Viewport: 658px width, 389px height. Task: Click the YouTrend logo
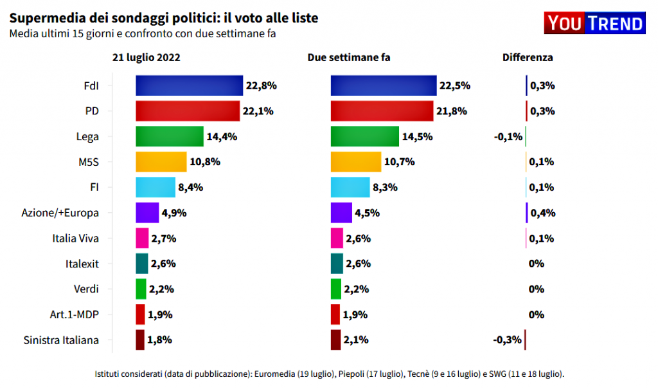[x=594, y=24]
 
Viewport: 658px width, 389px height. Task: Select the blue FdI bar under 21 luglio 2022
[x=189, y=86]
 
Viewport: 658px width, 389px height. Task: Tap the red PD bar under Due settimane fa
[x=382, y=111]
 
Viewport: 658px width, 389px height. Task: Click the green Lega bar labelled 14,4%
[x=170, y=136]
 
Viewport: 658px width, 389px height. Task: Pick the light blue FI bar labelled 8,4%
[x=155, y=187]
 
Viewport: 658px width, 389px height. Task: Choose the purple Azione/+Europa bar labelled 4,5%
[x=341, y=213]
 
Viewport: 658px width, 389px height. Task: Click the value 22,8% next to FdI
[x=261, y=86]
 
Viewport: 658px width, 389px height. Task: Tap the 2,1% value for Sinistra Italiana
[x=357, y=340]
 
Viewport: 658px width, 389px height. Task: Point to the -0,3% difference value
[x=507, y=340]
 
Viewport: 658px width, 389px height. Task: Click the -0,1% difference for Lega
[x=507, y=136]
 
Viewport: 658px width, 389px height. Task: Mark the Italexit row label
[x=82, y=264]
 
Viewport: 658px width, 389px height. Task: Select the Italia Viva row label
[x=75, y=238]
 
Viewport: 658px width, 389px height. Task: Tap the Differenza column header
[x=527, y=57]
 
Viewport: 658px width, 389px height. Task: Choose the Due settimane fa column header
[x=349, y=57]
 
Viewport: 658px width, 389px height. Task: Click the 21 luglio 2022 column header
[x=146, y=57]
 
